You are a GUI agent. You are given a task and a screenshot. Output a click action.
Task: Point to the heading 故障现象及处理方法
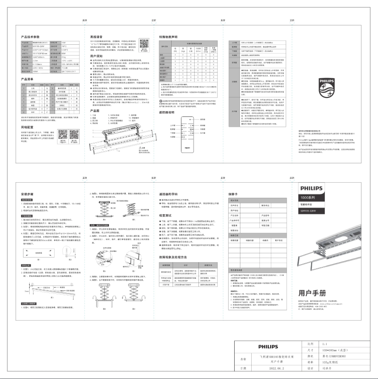pos(176,257)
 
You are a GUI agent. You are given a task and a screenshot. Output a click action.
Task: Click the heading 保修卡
pos(235,193)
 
